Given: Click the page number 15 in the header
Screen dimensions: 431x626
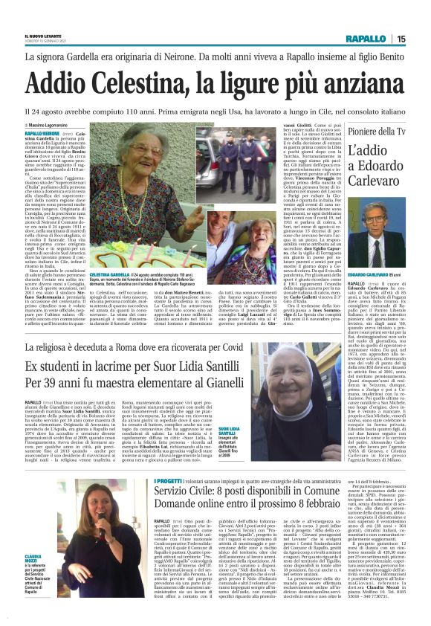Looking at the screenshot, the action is pyautogui.click(x=421, y=39).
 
